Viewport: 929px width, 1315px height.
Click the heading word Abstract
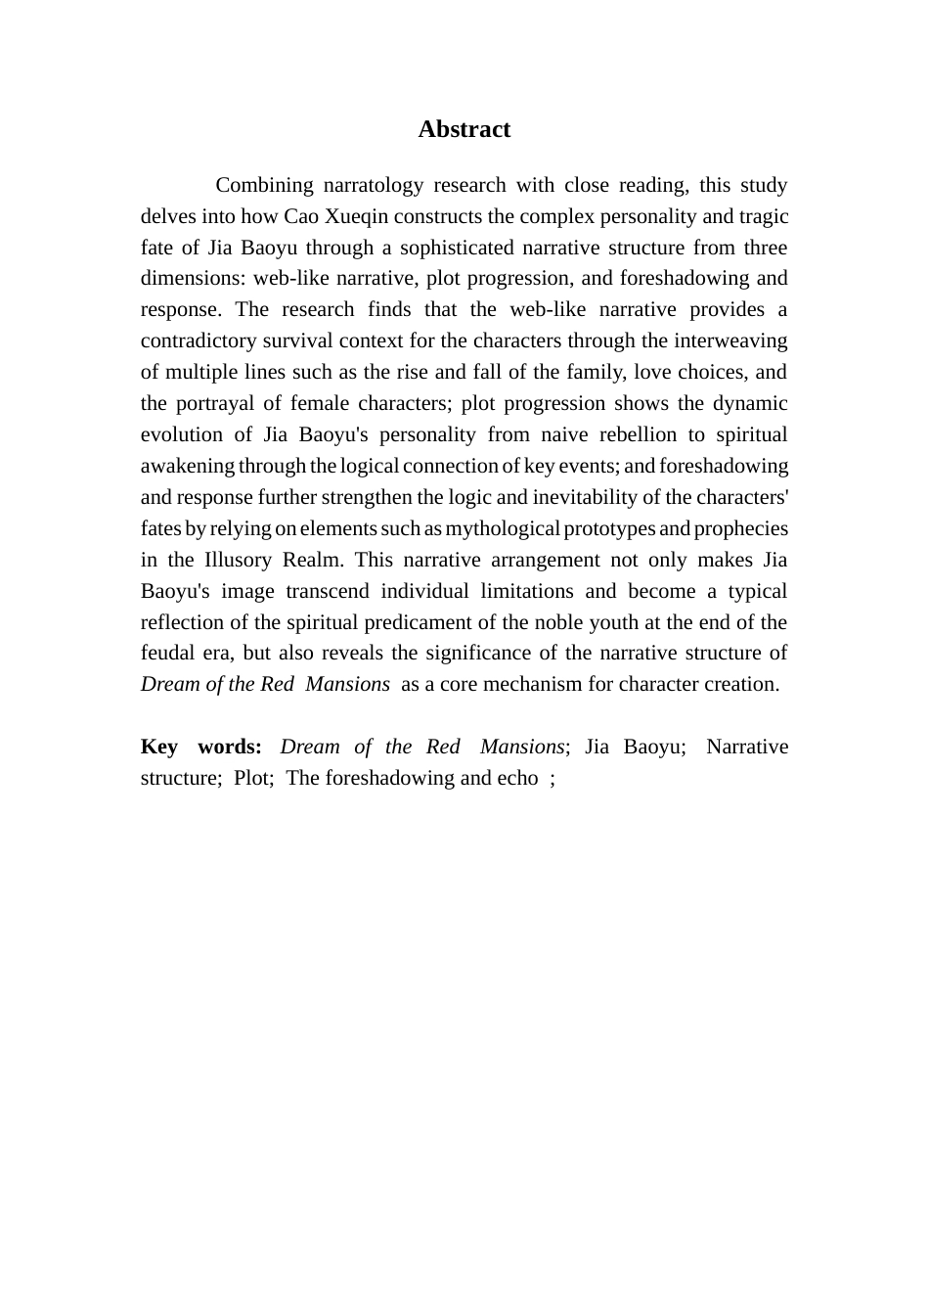(464, 129)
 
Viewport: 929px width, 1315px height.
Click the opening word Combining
(264, 185)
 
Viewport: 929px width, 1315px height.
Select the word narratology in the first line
(376, 185)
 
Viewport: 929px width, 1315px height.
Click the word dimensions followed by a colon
(193, 278)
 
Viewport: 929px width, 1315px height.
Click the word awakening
(188, 466)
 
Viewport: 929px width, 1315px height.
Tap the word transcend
(327, 591)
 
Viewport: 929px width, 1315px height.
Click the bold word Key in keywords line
(159, 747)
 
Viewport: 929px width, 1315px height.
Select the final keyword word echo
(517, 778)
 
